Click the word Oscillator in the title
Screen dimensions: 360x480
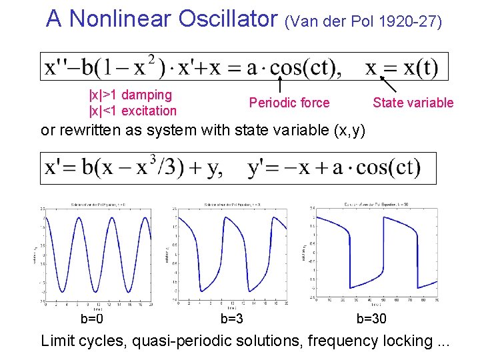click(x=229, y=19)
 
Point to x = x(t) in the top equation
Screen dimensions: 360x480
click(x=401, y=67)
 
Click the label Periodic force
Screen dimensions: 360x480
click(x=289, y=103)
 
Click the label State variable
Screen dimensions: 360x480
click(x=413, y=103)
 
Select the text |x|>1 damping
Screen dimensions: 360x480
click(x=130, y=95)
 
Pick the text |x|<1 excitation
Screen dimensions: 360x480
click(x=133, y=111)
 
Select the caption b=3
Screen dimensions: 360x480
click(x=231, y=319)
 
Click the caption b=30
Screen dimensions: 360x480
click(x=371, y=319)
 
